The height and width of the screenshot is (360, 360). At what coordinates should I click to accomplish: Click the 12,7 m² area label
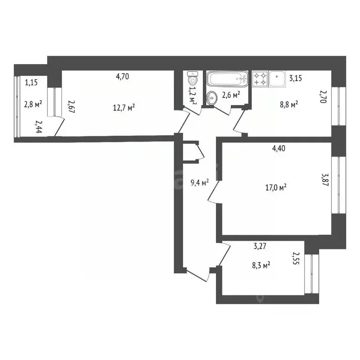[124, 108]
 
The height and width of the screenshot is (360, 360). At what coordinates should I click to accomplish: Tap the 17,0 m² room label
[276, 187]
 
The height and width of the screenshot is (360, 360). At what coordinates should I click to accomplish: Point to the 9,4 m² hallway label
[199, 182]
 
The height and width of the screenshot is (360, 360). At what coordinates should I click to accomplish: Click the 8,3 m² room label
[261, 266]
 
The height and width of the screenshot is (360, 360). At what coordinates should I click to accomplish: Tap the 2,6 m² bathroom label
[231, 94]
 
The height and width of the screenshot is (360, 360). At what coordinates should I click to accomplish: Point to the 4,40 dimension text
[279, 149]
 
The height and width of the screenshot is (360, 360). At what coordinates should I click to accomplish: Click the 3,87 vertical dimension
[324, 180]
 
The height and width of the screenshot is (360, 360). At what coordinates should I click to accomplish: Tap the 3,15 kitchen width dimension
[295, 78]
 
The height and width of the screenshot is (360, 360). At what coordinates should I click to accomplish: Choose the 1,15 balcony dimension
[31, 82]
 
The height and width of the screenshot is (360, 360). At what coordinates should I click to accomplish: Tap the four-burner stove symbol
[261, 78]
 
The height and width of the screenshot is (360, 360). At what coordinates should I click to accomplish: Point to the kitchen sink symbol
[277, 78]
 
